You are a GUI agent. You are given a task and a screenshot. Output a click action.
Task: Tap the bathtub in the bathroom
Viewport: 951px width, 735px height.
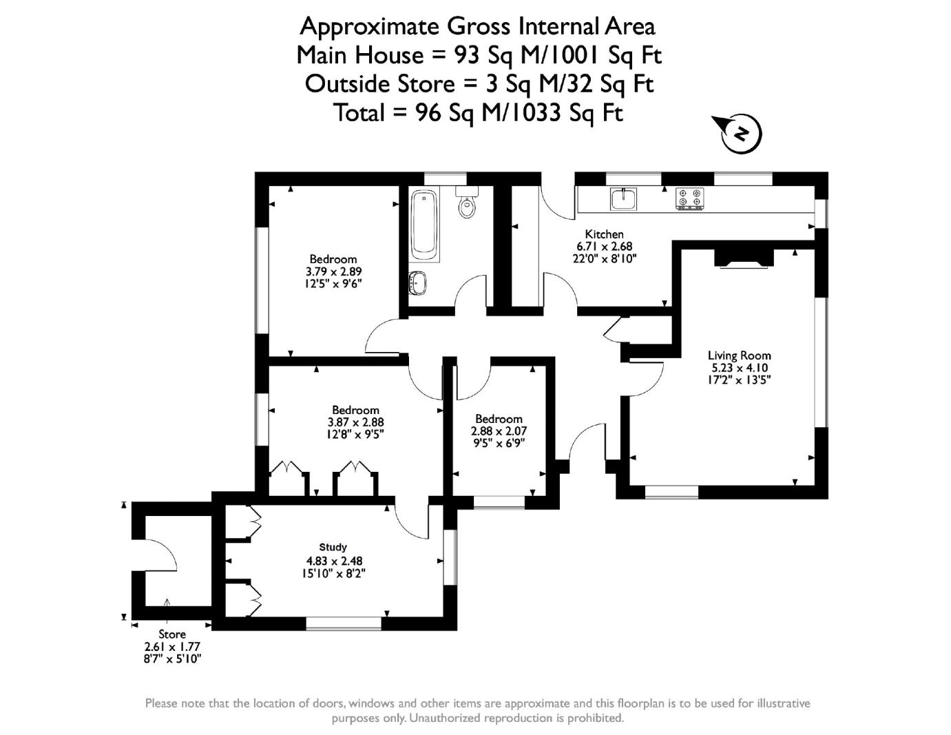pos(424,226)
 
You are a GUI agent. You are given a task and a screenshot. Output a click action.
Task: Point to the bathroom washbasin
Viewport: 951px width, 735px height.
pos(417,282)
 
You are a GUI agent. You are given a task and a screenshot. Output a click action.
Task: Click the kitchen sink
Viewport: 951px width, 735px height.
pos(623,198)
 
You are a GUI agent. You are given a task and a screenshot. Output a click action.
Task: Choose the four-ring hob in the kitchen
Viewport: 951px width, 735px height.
pos(689,198)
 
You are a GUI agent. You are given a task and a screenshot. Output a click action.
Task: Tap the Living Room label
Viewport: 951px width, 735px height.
pos(739,355)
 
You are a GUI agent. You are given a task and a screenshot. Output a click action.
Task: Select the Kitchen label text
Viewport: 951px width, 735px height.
pos(604,234)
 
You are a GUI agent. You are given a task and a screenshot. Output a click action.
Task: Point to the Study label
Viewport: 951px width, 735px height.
pos(333,548)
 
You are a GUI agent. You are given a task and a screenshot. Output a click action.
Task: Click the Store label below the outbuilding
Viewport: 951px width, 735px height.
pos(171,634)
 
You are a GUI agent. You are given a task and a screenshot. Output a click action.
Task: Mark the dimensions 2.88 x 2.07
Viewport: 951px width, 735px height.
pos(499,431)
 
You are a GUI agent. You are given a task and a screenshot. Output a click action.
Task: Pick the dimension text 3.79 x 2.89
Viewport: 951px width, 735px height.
pos(333,271)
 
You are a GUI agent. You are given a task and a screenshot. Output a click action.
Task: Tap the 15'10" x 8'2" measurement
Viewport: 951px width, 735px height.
pos(333,572)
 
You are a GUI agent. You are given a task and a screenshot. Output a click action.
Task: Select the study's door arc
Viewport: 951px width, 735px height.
pos(412,525)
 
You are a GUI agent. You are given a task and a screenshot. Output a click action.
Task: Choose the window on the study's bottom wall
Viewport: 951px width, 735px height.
pos(343,623)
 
